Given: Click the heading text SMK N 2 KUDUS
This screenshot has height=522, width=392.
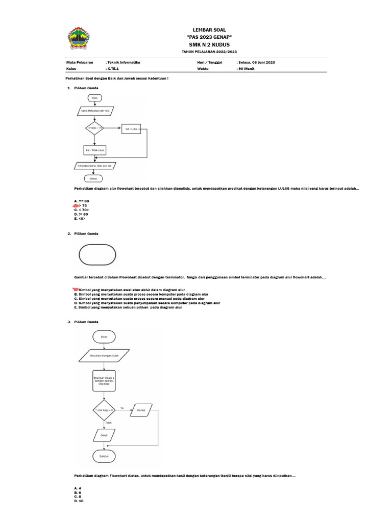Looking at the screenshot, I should [209, 44].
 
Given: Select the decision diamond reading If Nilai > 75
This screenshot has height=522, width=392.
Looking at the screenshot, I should [95, 128].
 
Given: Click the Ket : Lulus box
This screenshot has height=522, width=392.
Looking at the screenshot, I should [131, 129].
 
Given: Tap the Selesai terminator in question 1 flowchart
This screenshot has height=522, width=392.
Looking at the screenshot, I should [93, 179].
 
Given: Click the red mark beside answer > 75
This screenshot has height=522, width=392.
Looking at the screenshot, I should [77, 205].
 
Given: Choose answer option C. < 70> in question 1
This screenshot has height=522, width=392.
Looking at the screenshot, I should [82, 210].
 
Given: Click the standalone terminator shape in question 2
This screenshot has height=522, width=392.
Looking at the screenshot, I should [97, 255].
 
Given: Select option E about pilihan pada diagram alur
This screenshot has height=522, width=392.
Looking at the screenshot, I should [128, 307].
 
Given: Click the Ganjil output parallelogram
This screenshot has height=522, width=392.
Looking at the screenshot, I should [104, 435].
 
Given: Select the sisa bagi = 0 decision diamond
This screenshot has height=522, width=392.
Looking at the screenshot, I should [104, 409].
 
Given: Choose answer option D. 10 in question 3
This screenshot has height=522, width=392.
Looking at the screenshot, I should [79, 501].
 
